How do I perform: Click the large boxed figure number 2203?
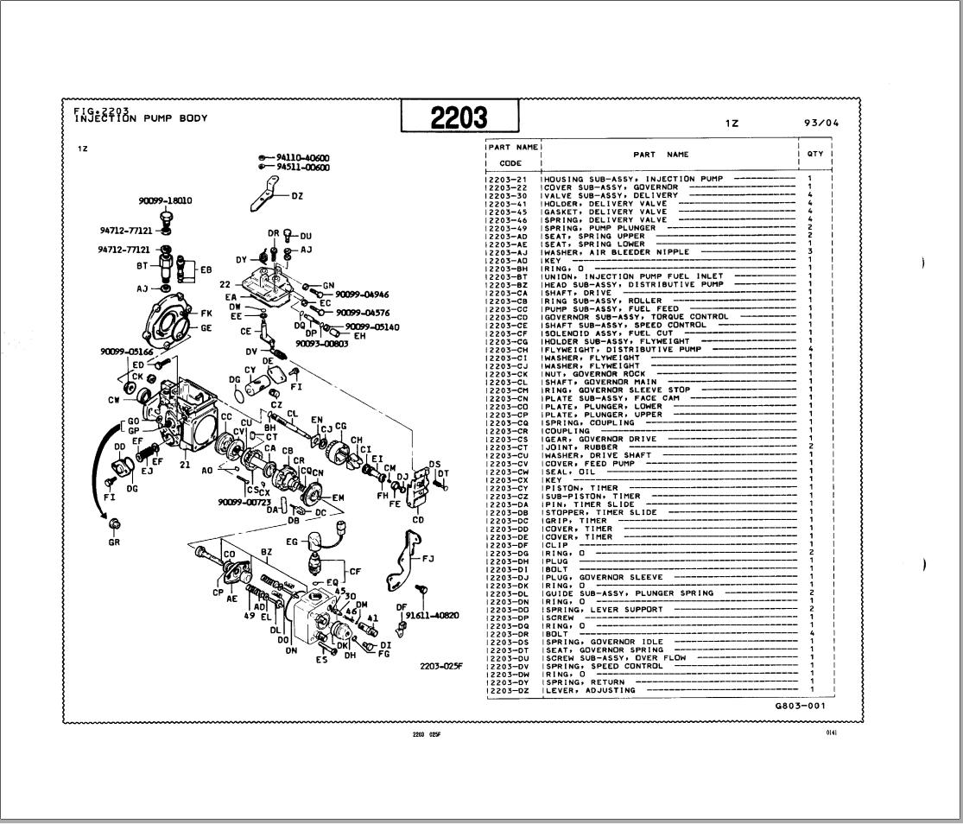coord(459,117)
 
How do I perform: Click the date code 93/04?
coord(820,123)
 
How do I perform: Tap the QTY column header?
coord(815,155)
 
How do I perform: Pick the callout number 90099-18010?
coord(166,200)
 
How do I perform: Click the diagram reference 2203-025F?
coord(442,666)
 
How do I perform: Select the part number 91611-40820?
coord(431,616)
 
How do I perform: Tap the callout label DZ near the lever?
coord(297,196)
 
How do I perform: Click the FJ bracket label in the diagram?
coord(427,559)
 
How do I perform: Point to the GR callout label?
coord(114,542)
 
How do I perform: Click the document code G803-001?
coord(800,706)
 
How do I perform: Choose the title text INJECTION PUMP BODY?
coord(141,118)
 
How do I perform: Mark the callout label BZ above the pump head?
coord(266,551)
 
